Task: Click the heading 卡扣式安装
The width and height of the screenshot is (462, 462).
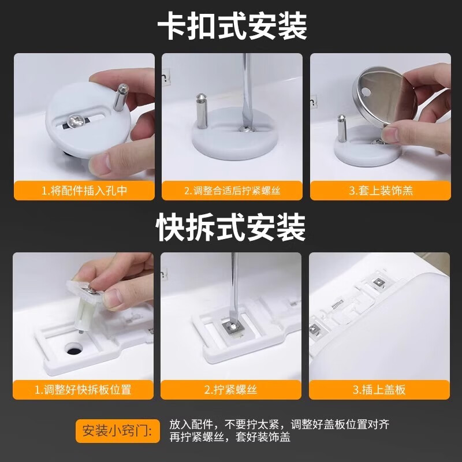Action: [232, 27]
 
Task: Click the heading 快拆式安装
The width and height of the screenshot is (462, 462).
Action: [231, 228]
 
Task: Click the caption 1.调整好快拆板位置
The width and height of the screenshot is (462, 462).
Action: [84, 390]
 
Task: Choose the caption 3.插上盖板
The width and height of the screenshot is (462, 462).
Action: [379, 390]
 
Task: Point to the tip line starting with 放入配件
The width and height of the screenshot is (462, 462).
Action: [279, 424]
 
